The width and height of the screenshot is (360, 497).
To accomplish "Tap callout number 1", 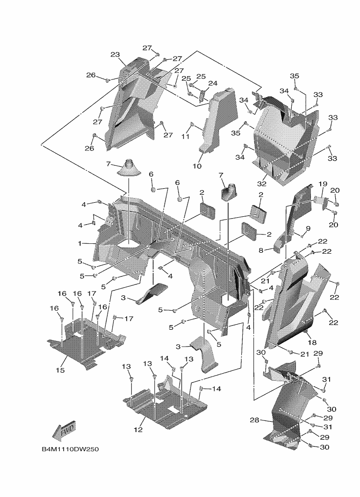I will (x=80, y=243).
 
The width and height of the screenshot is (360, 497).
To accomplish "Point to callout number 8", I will (x=261, y=250).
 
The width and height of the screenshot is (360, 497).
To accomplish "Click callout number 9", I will (x=308, y=228).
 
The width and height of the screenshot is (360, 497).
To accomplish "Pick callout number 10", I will (x=197, y=166).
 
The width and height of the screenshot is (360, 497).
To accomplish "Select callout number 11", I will (x=186, y=136).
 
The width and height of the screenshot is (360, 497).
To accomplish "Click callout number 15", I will (x=60, y=370).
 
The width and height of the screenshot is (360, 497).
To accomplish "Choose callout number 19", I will (x=322, y=184).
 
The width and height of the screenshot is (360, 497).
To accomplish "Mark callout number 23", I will (x=115, y=55).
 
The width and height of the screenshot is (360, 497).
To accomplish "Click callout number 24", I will (x=213, y=84).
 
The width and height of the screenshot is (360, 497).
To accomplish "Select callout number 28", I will (x=254, y=420).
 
